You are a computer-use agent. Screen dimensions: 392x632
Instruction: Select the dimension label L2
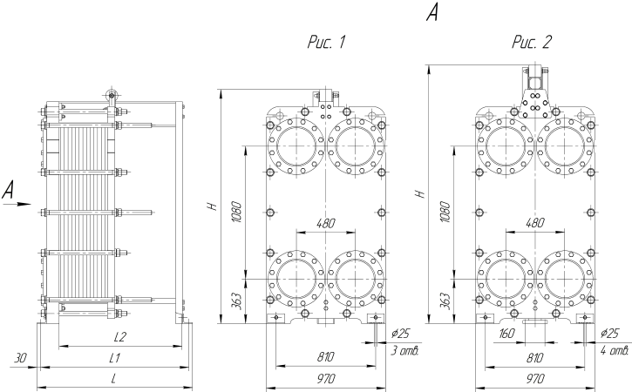(x=121, y=336)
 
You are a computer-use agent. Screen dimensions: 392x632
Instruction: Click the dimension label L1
(x=114, y=357)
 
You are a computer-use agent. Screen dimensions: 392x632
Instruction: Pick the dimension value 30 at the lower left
(x=22, y=357)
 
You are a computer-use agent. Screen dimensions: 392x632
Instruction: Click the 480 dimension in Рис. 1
(x=324, y=223)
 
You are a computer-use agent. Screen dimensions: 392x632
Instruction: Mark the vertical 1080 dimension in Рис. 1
(x=237, y=211)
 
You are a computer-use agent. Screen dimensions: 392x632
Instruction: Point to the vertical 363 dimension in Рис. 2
(x=445, y=300)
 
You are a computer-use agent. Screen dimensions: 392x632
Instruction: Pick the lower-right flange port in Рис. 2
(x=562, y=278)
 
